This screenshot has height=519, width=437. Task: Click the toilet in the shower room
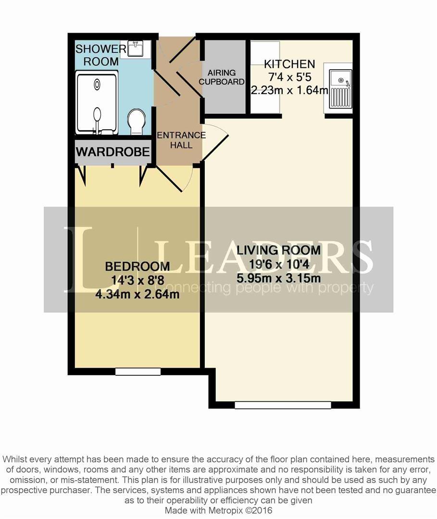[x=137, y=121]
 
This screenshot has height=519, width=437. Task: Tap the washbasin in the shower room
[x=135, y=49]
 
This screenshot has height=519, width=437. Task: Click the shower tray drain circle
[x=97, y=85]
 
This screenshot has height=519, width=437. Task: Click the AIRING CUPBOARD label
[x=222, y=77]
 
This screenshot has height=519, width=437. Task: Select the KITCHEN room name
[x=289, y=64]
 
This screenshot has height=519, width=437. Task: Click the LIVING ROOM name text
[x=278, y=250]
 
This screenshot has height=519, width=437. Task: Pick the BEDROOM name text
[x=137, y=266]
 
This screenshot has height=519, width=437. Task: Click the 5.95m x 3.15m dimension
[x=278, y=278]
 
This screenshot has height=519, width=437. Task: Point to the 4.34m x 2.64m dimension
[x=137, y=294]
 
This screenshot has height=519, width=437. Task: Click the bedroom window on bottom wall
[x=138, y=371]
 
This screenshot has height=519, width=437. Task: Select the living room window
[x=283, y=405]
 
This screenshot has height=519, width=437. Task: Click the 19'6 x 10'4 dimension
[x=278, y=264]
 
